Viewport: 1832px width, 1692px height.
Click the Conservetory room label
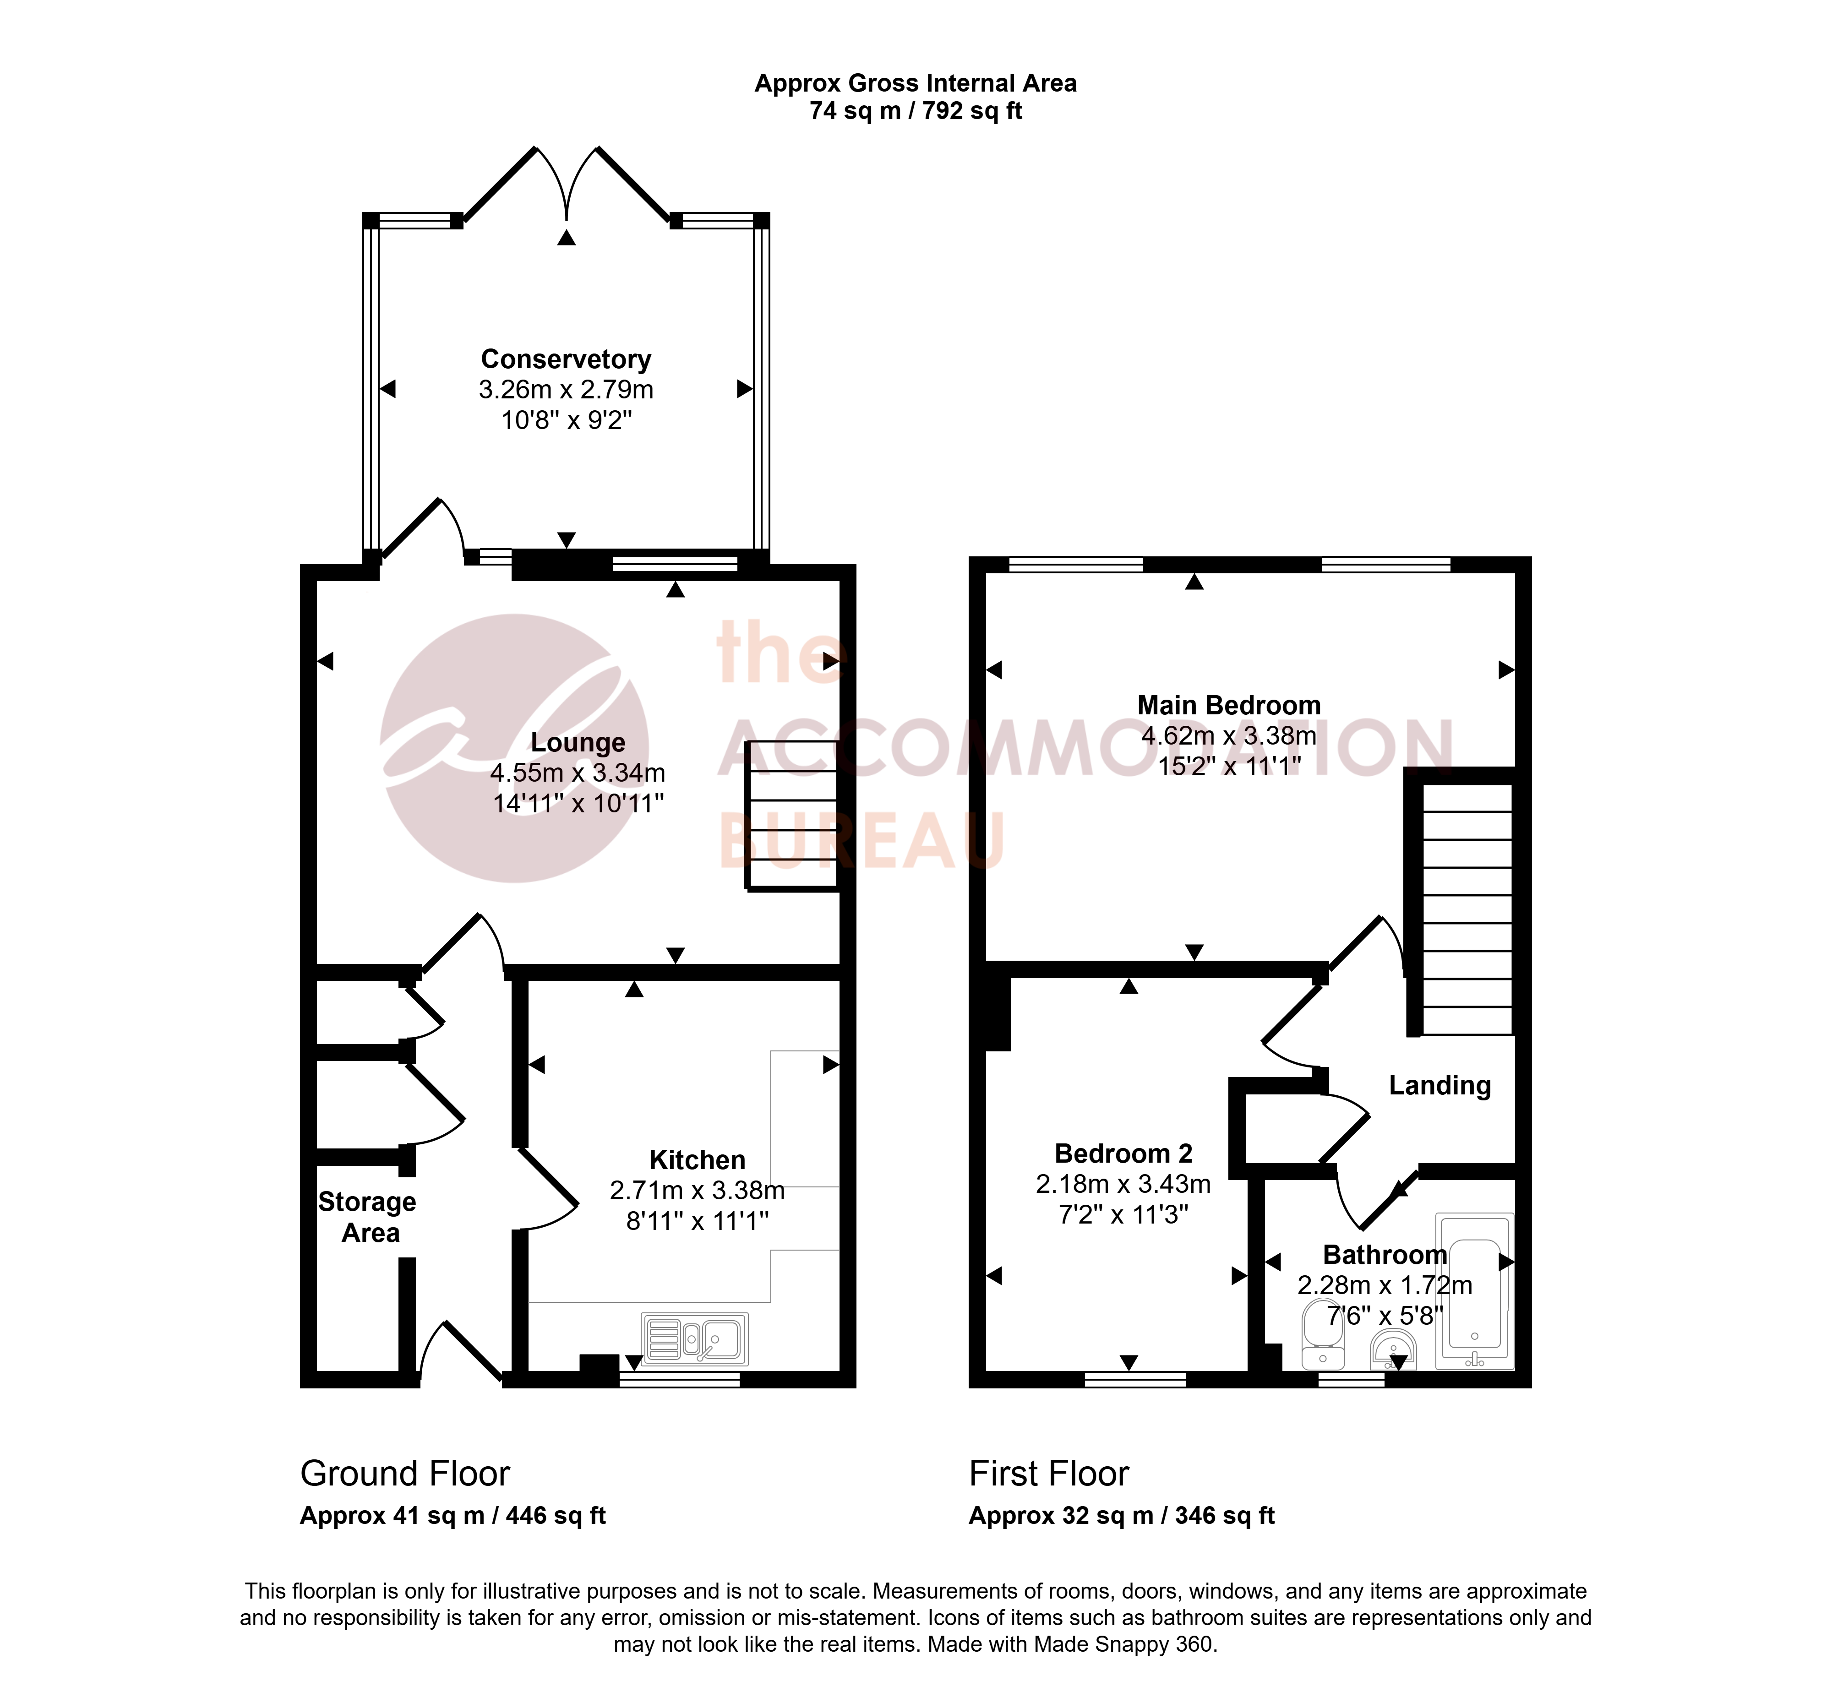(566, 359)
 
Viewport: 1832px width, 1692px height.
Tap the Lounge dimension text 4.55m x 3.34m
(578, 773)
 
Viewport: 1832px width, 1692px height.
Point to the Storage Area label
(367, 1217)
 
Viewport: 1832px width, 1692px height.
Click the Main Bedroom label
(1229, 705)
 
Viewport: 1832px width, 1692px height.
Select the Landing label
(1439, 1086)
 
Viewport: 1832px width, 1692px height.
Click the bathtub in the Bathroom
(1474, 1291)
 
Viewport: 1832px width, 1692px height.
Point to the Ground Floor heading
(405, 1473)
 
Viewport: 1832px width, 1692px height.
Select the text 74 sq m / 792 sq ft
(916, 111)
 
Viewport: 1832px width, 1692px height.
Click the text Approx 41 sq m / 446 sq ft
(453, 1516)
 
